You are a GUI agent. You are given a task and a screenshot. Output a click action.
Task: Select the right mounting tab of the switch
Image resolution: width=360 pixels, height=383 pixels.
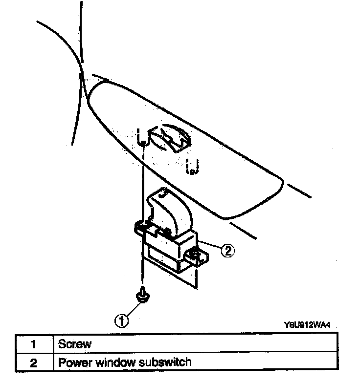coord(196,255)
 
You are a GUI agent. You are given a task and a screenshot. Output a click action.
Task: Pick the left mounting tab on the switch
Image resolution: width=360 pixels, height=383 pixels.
coord(140,225)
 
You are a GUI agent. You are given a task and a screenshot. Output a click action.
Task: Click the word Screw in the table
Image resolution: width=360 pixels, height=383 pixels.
coord(75,343)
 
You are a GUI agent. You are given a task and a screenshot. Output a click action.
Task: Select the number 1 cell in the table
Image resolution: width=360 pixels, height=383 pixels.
coord(34,344)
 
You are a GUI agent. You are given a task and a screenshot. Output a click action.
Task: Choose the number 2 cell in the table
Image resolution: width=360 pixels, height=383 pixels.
coord(34,363)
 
